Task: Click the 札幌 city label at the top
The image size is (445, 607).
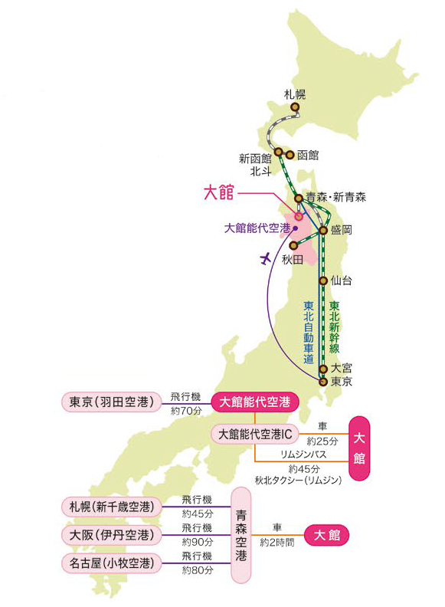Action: [x=295, y=95]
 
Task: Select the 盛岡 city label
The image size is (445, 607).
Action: [x=342, y=230]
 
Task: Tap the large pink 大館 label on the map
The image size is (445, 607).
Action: [x=218, y=192]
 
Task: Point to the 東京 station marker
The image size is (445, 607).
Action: [x=323, y=381]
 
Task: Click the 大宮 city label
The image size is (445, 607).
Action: [x=342, y=369]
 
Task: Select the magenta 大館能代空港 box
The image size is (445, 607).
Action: [x=255, y=401]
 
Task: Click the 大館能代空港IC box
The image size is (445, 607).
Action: [x=255, y=434]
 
